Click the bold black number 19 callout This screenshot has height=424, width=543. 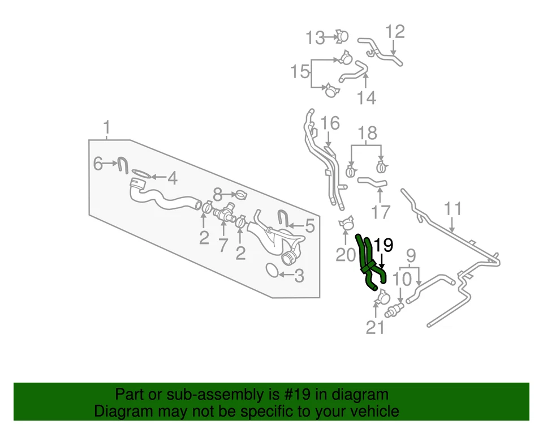tap(383, 245)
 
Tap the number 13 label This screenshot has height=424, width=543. tap(316, 38)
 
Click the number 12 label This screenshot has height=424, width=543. tap(395, 32)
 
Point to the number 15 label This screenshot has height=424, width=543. tap(300, 72)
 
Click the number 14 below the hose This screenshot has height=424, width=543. tap(367, 98)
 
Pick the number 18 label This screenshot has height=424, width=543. tap(368, 134)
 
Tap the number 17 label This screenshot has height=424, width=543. tap(381, 212)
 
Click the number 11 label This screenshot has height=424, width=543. tap(453, 208)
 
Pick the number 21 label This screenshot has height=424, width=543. tap(376, 327)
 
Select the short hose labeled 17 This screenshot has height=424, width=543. tap(372, 182)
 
